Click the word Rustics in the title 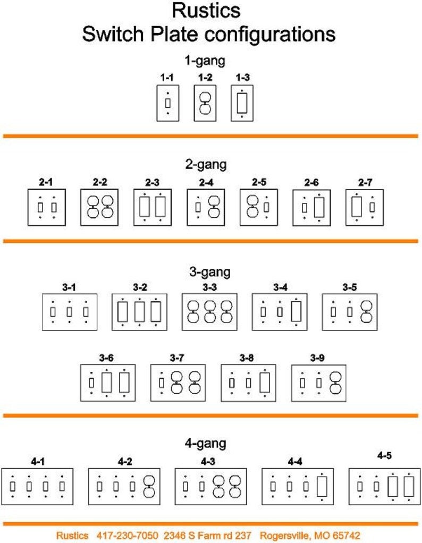206,11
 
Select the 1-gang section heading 205,61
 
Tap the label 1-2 205,78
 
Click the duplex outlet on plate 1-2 205,103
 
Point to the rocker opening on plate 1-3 242,103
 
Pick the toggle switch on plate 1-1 168,103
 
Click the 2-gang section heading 206,164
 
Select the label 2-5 259,182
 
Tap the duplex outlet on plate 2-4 214,207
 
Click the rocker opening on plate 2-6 319,207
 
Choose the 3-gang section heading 209,272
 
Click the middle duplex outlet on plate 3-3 209,312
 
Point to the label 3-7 177,358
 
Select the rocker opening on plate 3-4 296,312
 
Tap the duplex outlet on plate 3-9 335,383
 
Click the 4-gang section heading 206,444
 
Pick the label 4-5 384,456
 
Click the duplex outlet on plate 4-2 149,486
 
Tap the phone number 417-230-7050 127,536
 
